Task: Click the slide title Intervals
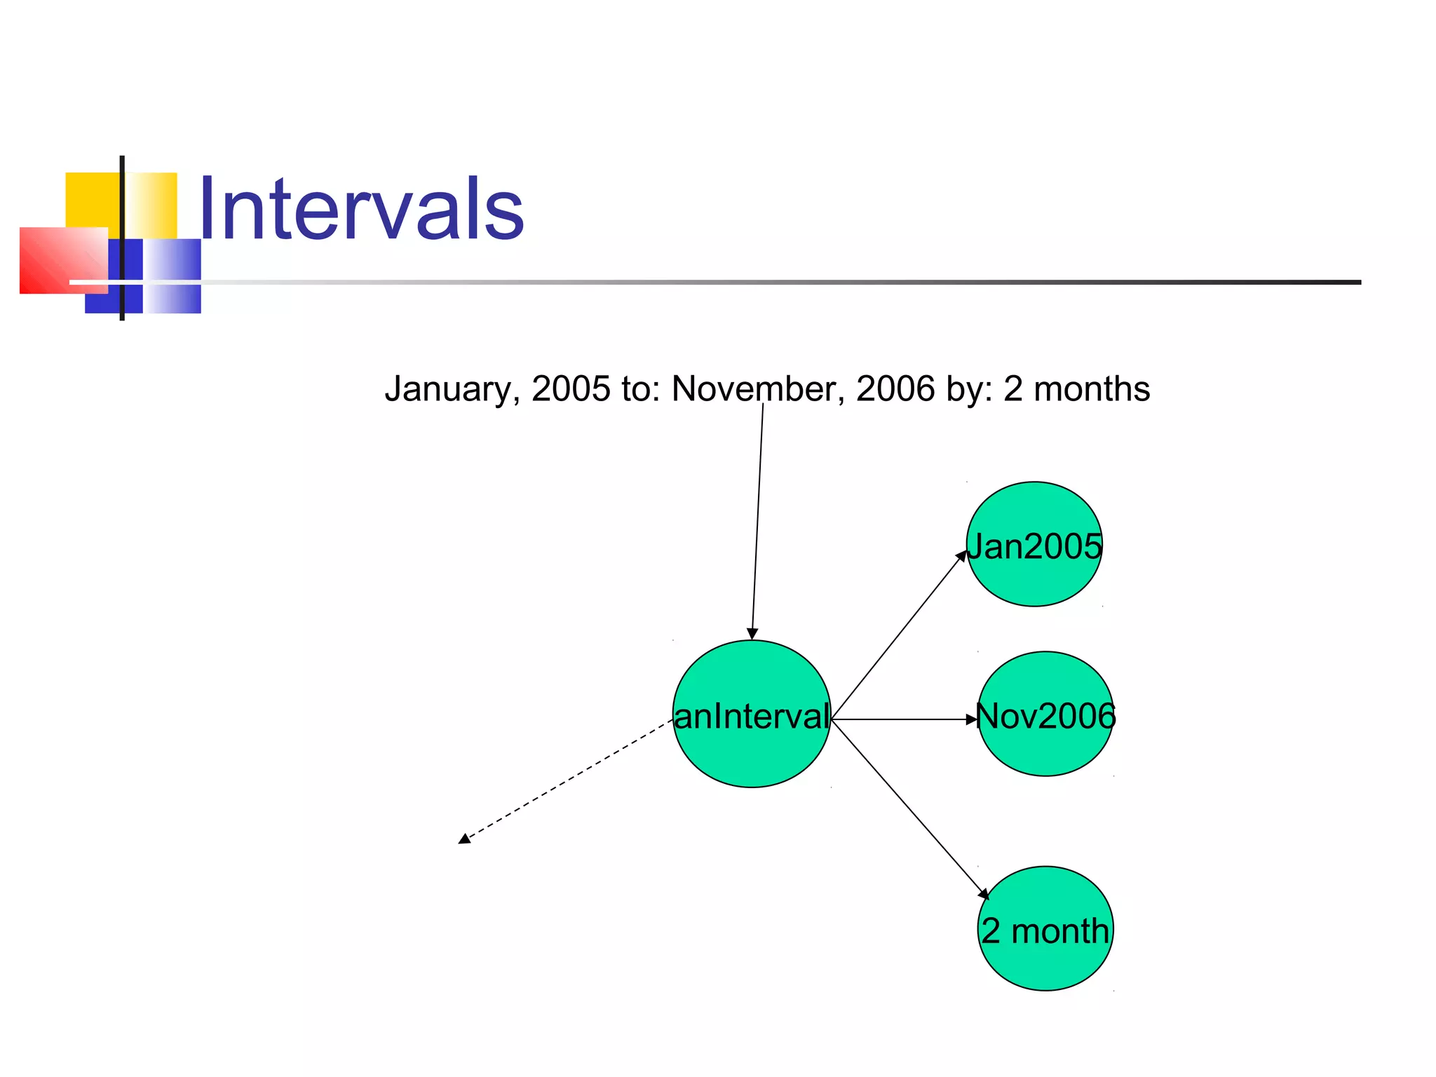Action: pyautogui.click(x=361, y=209)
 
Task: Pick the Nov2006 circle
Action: pyautogui.click(x=1045, y=750)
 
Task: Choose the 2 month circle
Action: pyautogui.click(x=1045, y=964)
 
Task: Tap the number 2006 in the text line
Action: pyautogui.click(x=895, y=389)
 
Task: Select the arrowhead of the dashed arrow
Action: pyautogui.click(x=464, y=839)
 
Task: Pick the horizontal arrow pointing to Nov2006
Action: pyautogui.click(x=905, y=719)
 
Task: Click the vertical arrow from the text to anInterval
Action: pyautogui.click(x=757, y=519)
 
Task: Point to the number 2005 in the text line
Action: pyautogui.click(x=571, y=389)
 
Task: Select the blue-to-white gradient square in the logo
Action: pyautogui.click(x=172, y=275)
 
